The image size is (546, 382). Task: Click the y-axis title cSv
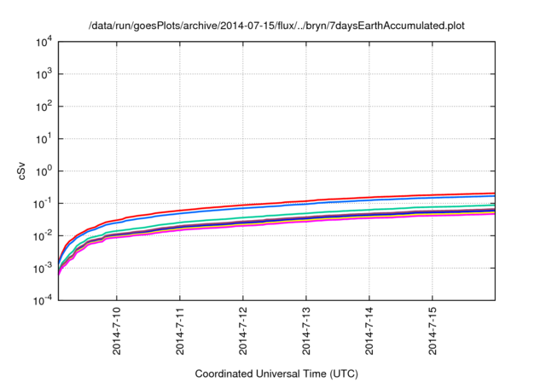23,170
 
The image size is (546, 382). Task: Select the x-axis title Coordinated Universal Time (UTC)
276,373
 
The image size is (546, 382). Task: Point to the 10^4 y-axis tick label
44,41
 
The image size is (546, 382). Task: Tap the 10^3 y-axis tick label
44,73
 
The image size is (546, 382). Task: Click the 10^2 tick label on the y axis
44,106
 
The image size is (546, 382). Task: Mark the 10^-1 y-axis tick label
44,203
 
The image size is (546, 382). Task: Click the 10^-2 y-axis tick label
44,235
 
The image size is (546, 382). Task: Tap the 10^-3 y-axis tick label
44,268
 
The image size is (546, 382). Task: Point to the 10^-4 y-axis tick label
44,300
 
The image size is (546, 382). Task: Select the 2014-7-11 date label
180,331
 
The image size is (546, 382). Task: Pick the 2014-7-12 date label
243,331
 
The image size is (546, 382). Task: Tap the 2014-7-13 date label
306,331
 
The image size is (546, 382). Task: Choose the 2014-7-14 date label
369,331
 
